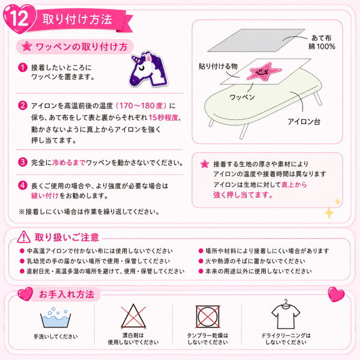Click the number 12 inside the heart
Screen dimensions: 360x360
point(19,19)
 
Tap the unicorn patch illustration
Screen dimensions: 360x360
point(149,69)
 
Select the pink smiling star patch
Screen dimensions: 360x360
point(264,71)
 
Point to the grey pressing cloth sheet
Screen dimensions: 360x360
point(256,40)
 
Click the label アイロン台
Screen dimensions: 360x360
point(304,121)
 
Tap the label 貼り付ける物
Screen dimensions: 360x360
point(218,67)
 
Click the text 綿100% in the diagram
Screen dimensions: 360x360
point(322,47)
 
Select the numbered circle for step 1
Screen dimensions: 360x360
point(23,67)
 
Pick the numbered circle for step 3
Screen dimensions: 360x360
point(23,162)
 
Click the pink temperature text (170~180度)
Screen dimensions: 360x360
point(141,106)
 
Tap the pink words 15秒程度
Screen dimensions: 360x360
point(163,118)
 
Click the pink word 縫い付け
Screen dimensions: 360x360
point(45,196)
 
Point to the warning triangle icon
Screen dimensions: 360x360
point(23,237)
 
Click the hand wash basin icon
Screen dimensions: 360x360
point(55,317)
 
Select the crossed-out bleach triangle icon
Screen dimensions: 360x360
point(133,316)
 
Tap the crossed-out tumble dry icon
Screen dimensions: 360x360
point(208,317)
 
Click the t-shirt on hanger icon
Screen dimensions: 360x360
point(286,314)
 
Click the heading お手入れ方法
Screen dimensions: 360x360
point(67,294)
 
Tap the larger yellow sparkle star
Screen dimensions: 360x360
point(329,212)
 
